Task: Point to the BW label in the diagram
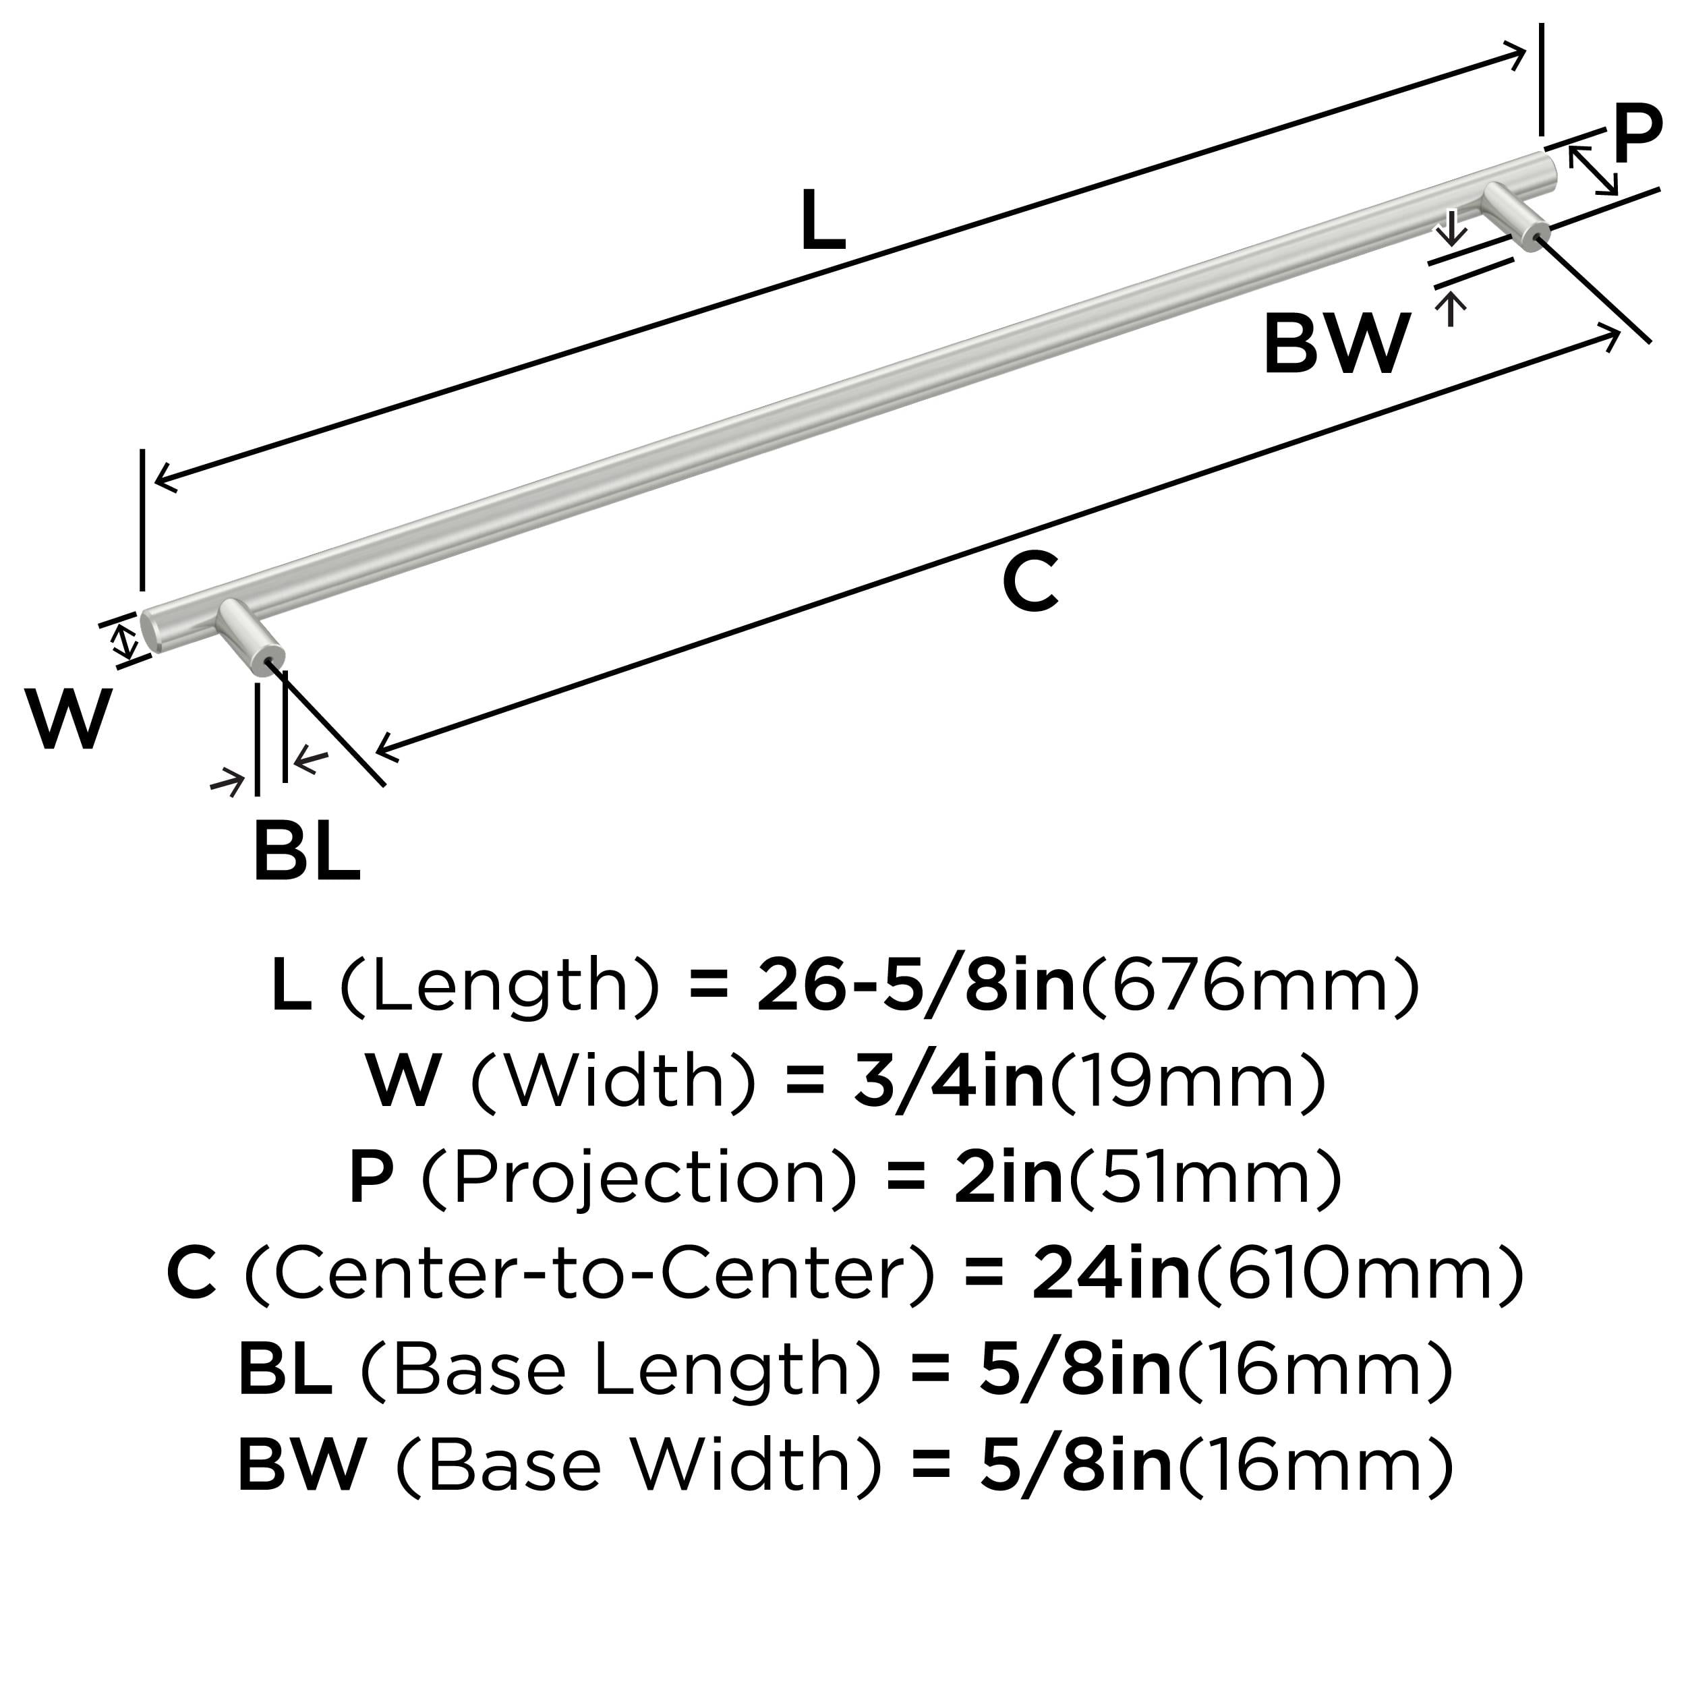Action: click(1336, 344)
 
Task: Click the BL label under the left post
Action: click(306, 851)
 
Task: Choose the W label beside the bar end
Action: click(68, 718)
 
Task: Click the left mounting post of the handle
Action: click(252, 638)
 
